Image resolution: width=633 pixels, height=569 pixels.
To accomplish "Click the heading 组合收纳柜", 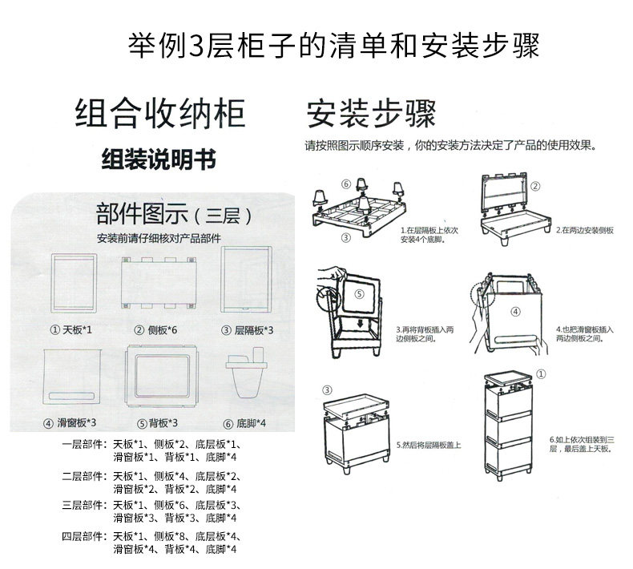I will (x=159, y=115).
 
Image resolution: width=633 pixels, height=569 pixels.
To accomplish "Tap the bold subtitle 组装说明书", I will (x=159, y=158).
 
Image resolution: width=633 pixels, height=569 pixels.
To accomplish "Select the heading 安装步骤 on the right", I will (x=371, y=115).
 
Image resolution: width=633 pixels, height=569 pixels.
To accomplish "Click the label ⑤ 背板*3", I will (x=157, y=423).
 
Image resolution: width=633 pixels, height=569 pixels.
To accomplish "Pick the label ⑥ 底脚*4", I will (x=245, y=423).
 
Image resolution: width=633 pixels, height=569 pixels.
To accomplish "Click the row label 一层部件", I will (x=84, y=444).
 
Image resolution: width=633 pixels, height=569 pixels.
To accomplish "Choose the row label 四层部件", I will (x=84, y=536).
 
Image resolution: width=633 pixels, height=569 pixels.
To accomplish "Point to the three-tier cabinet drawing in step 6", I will (x=512, y=429).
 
